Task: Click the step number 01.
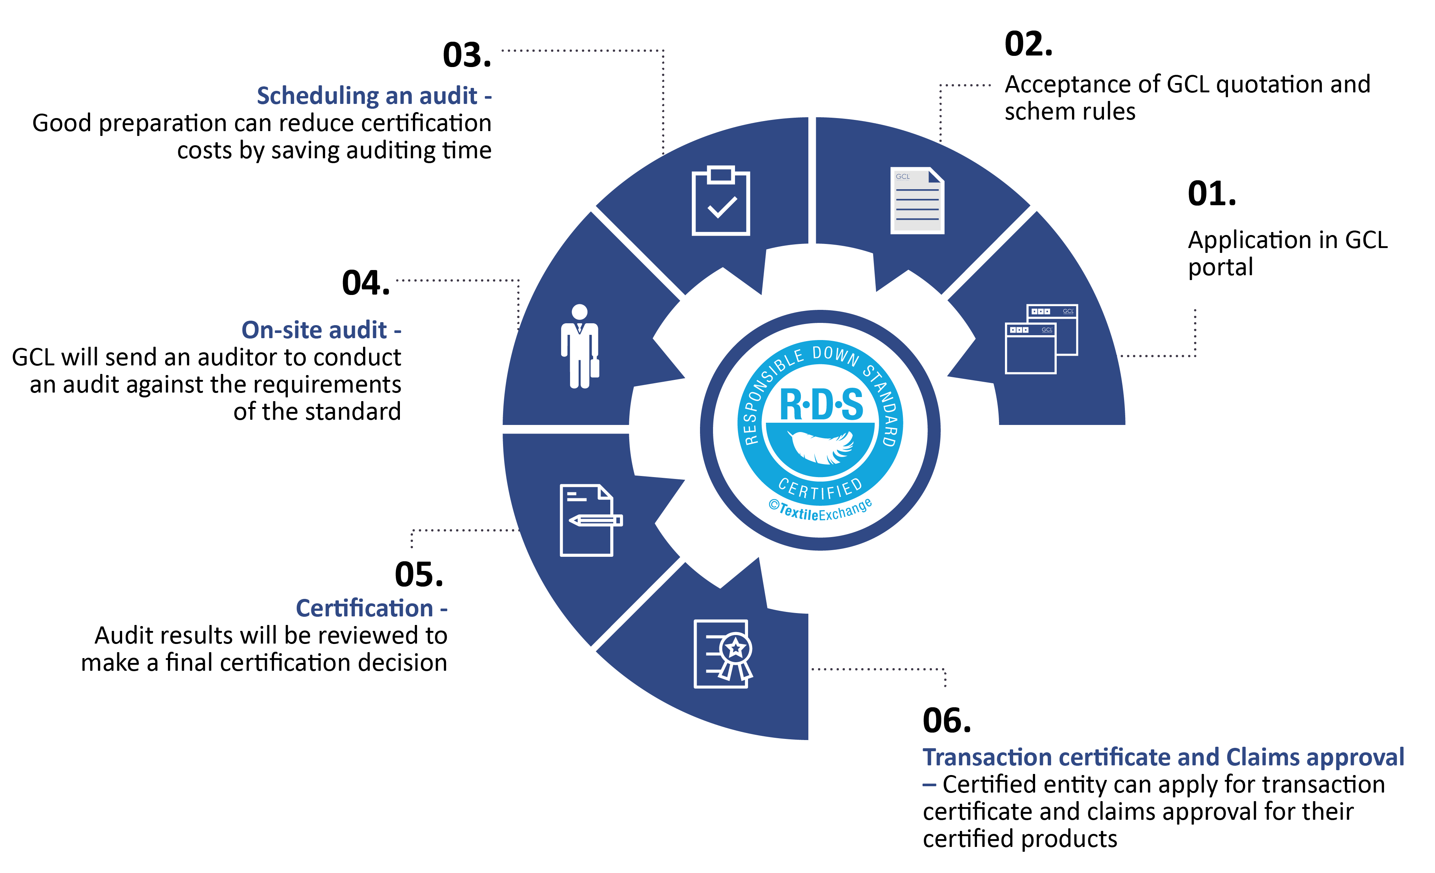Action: (x=1211, y=194)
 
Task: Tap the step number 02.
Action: (x=1028, y=45)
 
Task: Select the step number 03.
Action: (x=467, y=56)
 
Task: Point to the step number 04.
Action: (x=366, y=284)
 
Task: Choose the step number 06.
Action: (x=947, y=721)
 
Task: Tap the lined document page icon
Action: (x=917, y=201)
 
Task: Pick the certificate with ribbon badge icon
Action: (x=722, y=653)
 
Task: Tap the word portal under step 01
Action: (x=1220, y=268)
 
